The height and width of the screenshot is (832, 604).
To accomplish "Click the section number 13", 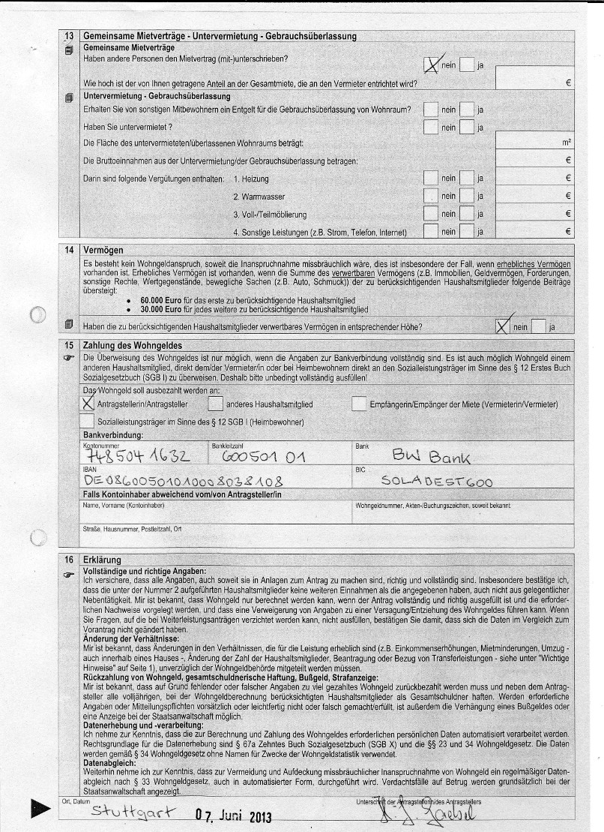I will pos(69,35).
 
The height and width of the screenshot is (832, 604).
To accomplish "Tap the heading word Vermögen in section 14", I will pos(103,249).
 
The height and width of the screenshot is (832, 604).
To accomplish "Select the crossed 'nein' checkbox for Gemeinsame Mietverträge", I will pos(432,65).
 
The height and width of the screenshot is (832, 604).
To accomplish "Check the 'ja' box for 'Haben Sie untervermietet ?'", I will pos(468,127).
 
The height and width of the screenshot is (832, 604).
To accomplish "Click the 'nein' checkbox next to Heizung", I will pos(431,179).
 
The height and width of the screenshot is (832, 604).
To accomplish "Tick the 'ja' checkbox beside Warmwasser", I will pos(468,196).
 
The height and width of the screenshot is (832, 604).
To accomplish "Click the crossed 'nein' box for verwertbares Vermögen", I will pos(503,326).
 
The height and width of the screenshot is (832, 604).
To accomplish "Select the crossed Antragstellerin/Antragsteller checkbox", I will pos(88,403).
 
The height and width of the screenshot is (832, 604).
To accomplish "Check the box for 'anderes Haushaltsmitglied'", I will pos(214,404).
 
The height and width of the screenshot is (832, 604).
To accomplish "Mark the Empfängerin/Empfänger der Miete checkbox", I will pos(358,404).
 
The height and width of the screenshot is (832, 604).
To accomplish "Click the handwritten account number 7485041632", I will pos(138,456).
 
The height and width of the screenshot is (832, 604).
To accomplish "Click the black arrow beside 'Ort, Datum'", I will pos(42,809).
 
